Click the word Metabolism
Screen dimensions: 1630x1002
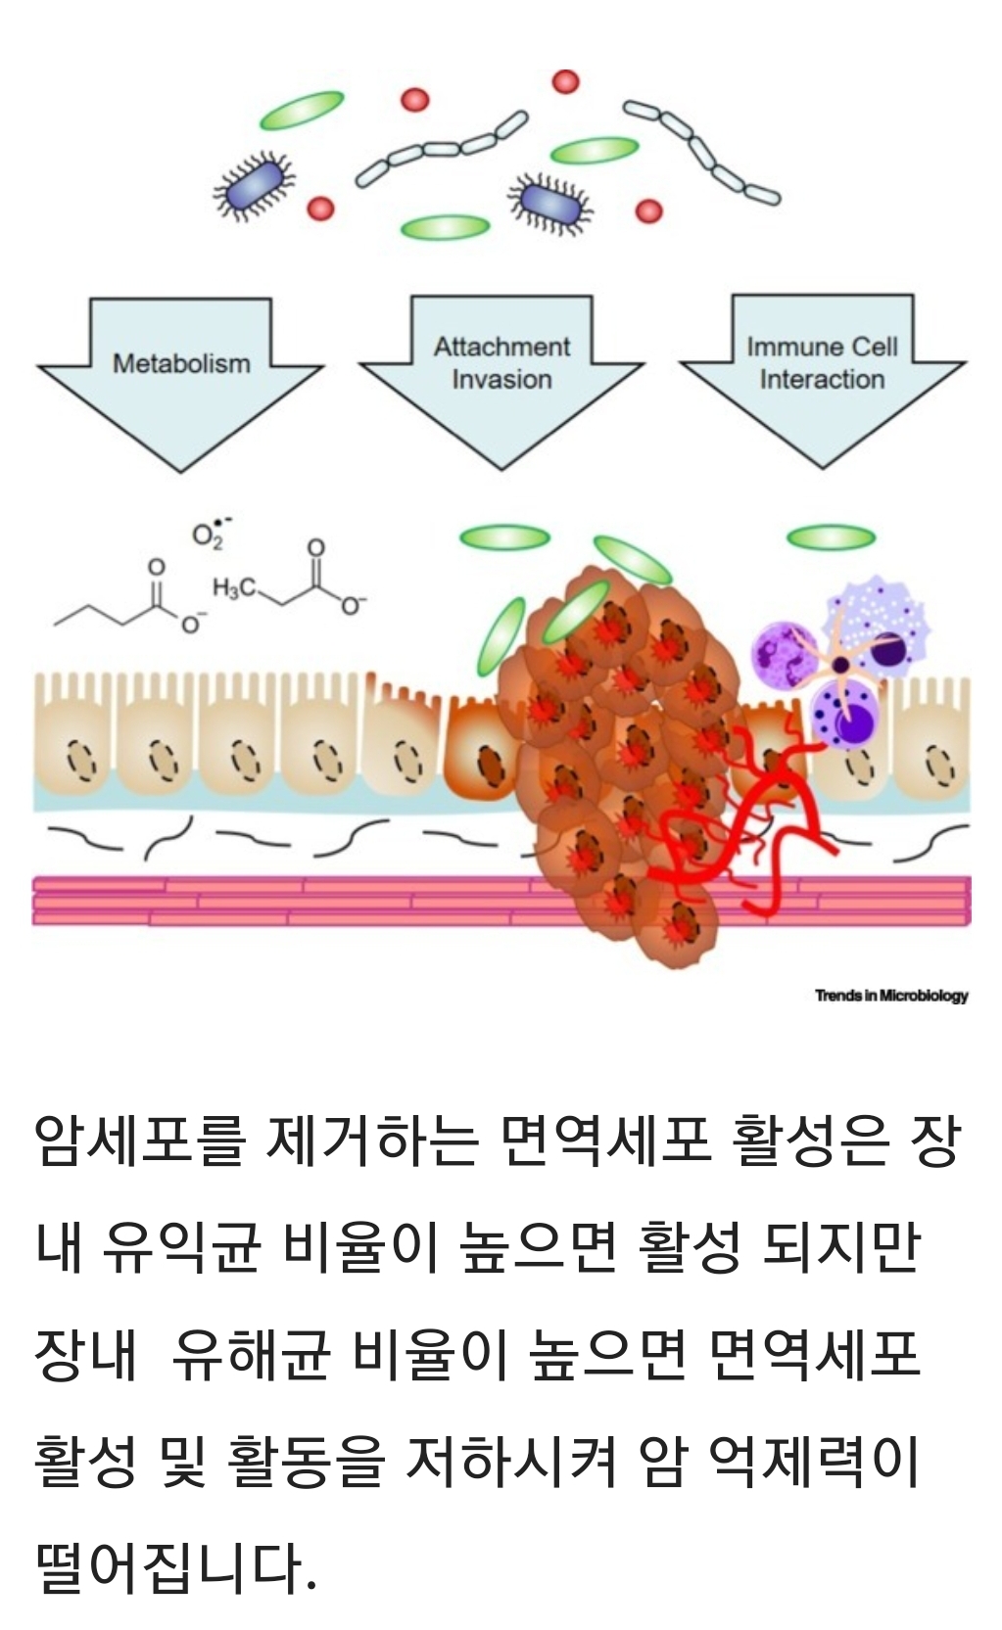[181, 363]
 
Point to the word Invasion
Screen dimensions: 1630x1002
[501, 380]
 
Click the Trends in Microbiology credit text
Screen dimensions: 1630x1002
[891, 996]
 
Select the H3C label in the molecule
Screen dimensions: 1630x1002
[234, 587]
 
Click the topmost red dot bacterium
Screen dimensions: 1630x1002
[565, 81]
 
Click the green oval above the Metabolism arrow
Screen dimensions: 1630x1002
[302, 110]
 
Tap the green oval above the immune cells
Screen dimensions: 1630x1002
[831, 536]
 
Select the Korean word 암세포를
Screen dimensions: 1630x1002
[138, 1141]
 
